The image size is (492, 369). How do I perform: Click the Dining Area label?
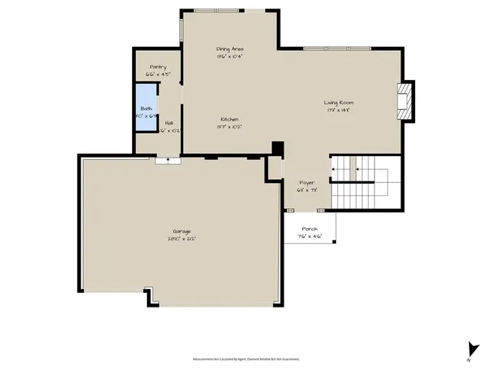(x=230, y=48)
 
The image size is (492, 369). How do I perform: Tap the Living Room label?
(x=338, y=102)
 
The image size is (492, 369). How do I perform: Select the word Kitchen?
(x=230, y=119)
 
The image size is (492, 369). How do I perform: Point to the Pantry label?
(x=158, y=67)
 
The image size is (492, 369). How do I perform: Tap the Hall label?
(x=168, y=123)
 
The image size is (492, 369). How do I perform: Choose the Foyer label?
(x=307, y=182)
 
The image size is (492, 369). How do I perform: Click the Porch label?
(x=310, y=229)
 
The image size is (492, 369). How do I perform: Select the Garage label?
(x=182, y=231)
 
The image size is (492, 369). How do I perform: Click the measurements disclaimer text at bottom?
(x=245, y=359)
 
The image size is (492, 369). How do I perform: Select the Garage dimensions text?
(x=182, y=239)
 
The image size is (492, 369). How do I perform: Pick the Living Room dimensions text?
(x=338, y=110)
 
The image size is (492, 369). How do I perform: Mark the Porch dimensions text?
(x=310, y=237)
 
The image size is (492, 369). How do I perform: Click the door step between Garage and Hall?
(x=167, y=160)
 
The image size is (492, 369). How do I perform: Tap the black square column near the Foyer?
(x=278, y=149)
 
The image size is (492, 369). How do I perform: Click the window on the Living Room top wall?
(x=336, y=48)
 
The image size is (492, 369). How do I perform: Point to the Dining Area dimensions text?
(x=230, y=56)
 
